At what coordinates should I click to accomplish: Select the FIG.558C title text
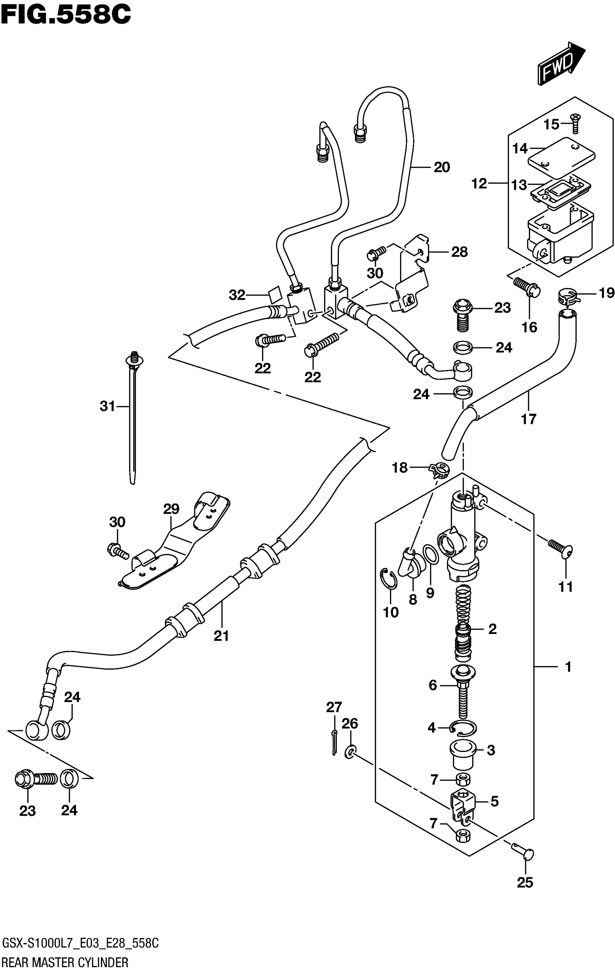pos(66,15)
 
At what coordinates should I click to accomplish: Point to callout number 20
pos(442,167)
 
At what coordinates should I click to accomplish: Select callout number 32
pos(237,295)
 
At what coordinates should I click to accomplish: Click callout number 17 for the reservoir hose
pos(529,419)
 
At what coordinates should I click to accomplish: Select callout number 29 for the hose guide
pos(171,509)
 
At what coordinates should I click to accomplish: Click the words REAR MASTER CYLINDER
pos(65,963)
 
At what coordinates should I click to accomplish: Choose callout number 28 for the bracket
pos(459,252)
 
